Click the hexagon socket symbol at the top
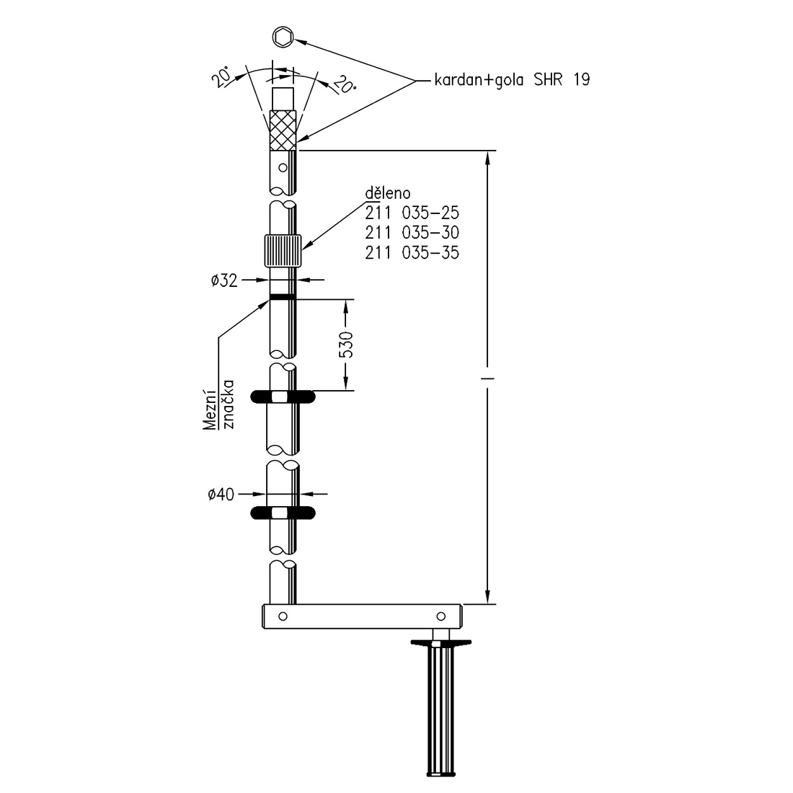point(283,37)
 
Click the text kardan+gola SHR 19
point(512,80)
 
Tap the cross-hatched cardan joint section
point(283,130)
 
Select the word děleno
point(387,192)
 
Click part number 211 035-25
point(412,213)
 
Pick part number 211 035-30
point(412,233)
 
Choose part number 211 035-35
point(412,252)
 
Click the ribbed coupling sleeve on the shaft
point(283,250)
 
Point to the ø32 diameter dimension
point(224,280)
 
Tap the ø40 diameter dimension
point(221,494)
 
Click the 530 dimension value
point(346,345)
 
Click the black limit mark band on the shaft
point(283,297)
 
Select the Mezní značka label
point(219,404)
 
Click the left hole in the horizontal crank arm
point(283,616)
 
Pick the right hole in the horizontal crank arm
point(440,616)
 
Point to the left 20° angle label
point(222,78)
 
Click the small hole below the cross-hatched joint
point(283,167)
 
